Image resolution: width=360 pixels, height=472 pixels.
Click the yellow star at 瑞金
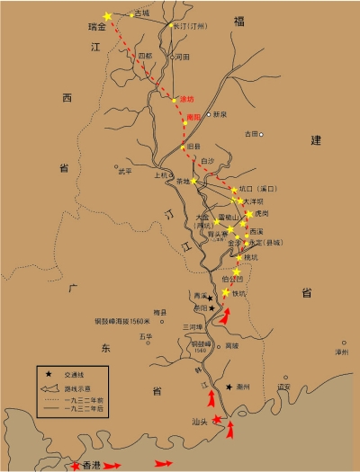(108, 16)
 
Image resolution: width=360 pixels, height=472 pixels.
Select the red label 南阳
(193, 117)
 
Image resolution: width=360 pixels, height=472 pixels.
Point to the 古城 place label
(142, 13)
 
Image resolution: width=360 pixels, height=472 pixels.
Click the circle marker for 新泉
(208, 115)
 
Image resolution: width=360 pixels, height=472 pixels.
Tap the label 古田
(251, 133)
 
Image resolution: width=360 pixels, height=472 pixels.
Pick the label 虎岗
(261, 213)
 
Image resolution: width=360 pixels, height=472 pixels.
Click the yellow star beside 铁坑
(225, 292)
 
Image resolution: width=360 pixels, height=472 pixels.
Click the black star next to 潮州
(229, 386)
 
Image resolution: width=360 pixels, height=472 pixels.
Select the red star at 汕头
(216, 419)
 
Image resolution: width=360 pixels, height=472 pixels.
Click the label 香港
(89, 465)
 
